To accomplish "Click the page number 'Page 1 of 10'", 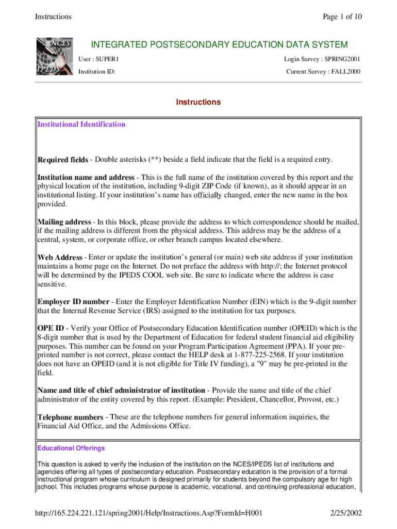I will (342, 17).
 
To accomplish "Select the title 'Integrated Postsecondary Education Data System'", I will (219, 45).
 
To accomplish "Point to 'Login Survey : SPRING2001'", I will (322, 60).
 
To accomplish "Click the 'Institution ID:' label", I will (96, 72).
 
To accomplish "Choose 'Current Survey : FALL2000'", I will (323, 72).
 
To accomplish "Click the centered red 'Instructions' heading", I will (198, 102).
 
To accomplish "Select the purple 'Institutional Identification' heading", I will (81, 125).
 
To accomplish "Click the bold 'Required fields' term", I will (62, 160).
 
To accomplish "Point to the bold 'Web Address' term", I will (60, 257).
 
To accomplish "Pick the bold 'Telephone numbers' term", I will (70, 417).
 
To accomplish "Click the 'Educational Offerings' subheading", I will (71, 448).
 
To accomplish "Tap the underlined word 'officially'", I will (208, 195).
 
